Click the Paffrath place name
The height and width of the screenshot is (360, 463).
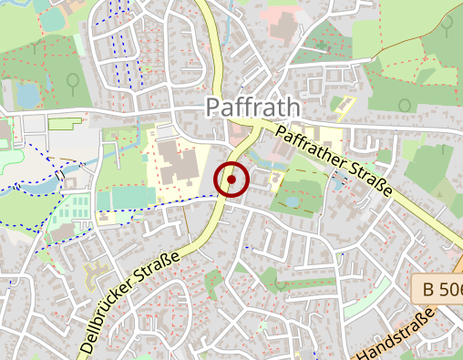pyautogui.click(x=252, y=107)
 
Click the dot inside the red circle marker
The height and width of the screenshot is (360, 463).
pyautogui.click(x=231, y=180)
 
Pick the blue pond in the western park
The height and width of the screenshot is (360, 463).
pyautogui.click(x=28, y=94)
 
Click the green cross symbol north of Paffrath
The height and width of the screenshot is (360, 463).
pyautogui.click(x=321, y=42)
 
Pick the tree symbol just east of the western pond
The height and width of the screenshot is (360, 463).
pyautogui.click(x=71, y=82)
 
